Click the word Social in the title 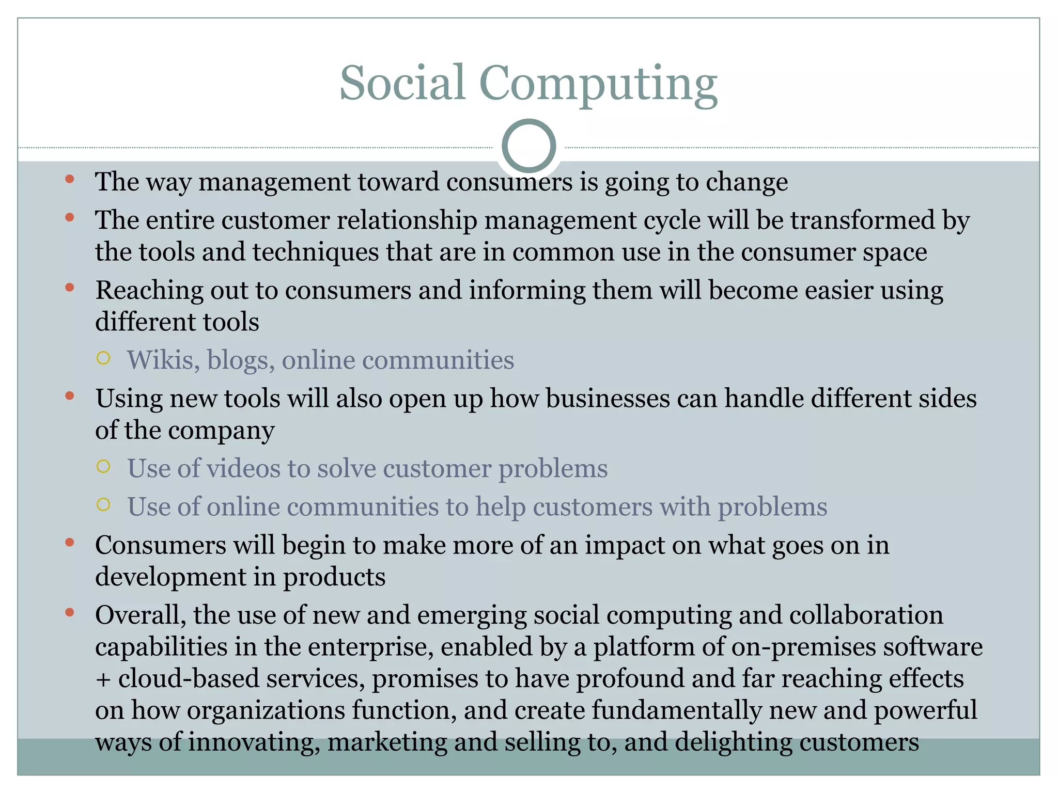coord(402,83)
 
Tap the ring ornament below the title coord(528,146)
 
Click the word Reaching coord(149,291)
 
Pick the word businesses coord(608,399)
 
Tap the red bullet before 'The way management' coord(70,180)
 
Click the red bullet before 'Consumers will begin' coord(70,543)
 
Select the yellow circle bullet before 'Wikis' coord(103,358)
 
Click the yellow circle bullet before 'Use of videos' coord(103,467)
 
